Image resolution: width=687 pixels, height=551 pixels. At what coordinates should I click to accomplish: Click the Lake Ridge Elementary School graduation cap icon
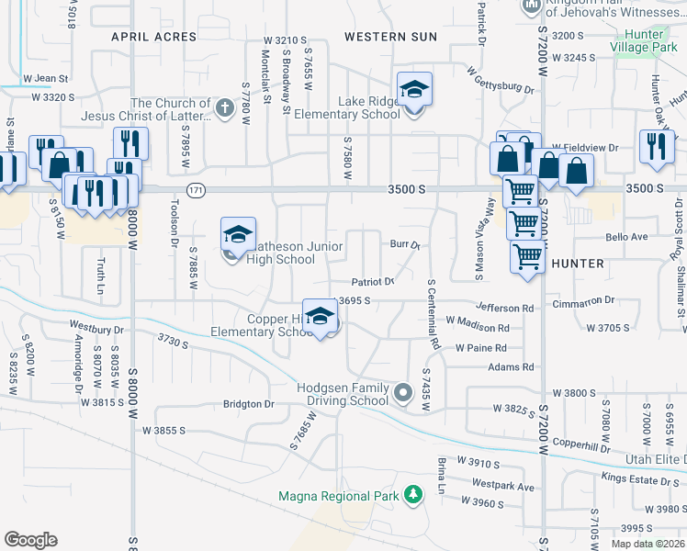point(414,90)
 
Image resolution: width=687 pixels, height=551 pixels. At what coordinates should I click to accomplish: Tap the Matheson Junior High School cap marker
point(238,235)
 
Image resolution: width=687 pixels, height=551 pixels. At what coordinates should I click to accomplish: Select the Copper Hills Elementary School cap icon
point(319,316)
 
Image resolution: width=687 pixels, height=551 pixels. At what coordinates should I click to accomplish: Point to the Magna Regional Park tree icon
point(413,496)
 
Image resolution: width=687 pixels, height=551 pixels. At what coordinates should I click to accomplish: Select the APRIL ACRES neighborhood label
point(153,37)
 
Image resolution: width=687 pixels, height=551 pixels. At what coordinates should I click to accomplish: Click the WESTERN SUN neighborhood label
point(390,37)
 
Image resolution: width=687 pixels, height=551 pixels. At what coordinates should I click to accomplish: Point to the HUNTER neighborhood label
point(578,264)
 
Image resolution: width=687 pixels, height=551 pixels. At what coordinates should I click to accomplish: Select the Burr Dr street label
point(404,245)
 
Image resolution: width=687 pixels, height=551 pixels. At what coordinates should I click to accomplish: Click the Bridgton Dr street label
point(249,404)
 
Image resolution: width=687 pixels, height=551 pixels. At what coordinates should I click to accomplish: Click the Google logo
point(30,540)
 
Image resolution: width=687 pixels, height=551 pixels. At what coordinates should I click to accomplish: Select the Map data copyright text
point(648,544)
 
